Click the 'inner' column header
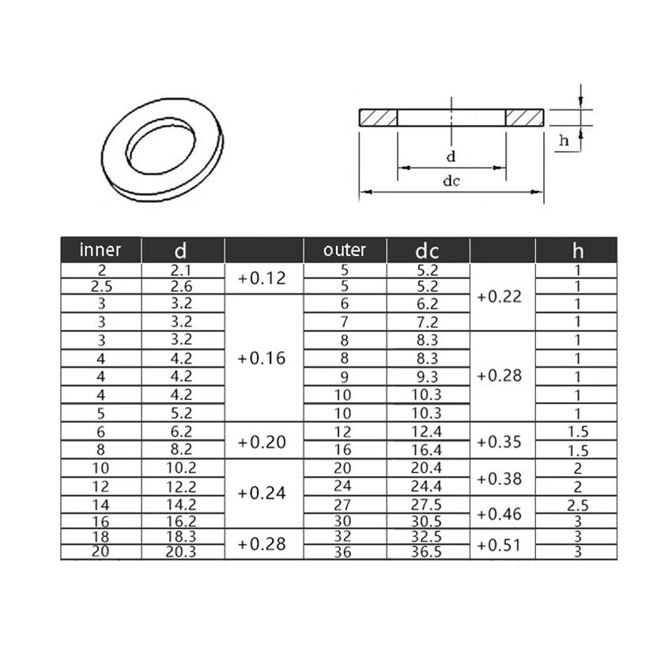[100, 250]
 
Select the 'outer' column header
[345, 250]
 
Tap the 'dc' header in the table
[428, 251]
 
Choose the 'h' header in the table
[577, 251]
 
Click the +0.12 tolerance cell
[263, 278]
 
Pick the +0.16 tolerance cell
[263, 358]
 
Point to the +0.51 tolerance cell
[501, 544]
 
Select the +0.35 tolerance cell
[501, 441]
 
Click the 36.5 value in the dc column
[428, 552]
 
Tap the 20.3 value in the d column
[182, 552]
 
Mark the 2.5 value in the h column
[577, 504]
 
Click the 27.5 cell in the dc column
[428, 504]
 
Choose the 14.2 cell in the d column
[182, 504]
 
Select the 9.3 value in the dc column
[428, 377]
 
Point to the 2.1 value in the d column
[182, 270]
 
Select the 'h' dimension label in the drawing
[564, 141]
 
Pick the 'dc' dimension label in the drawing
[451, 181]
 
